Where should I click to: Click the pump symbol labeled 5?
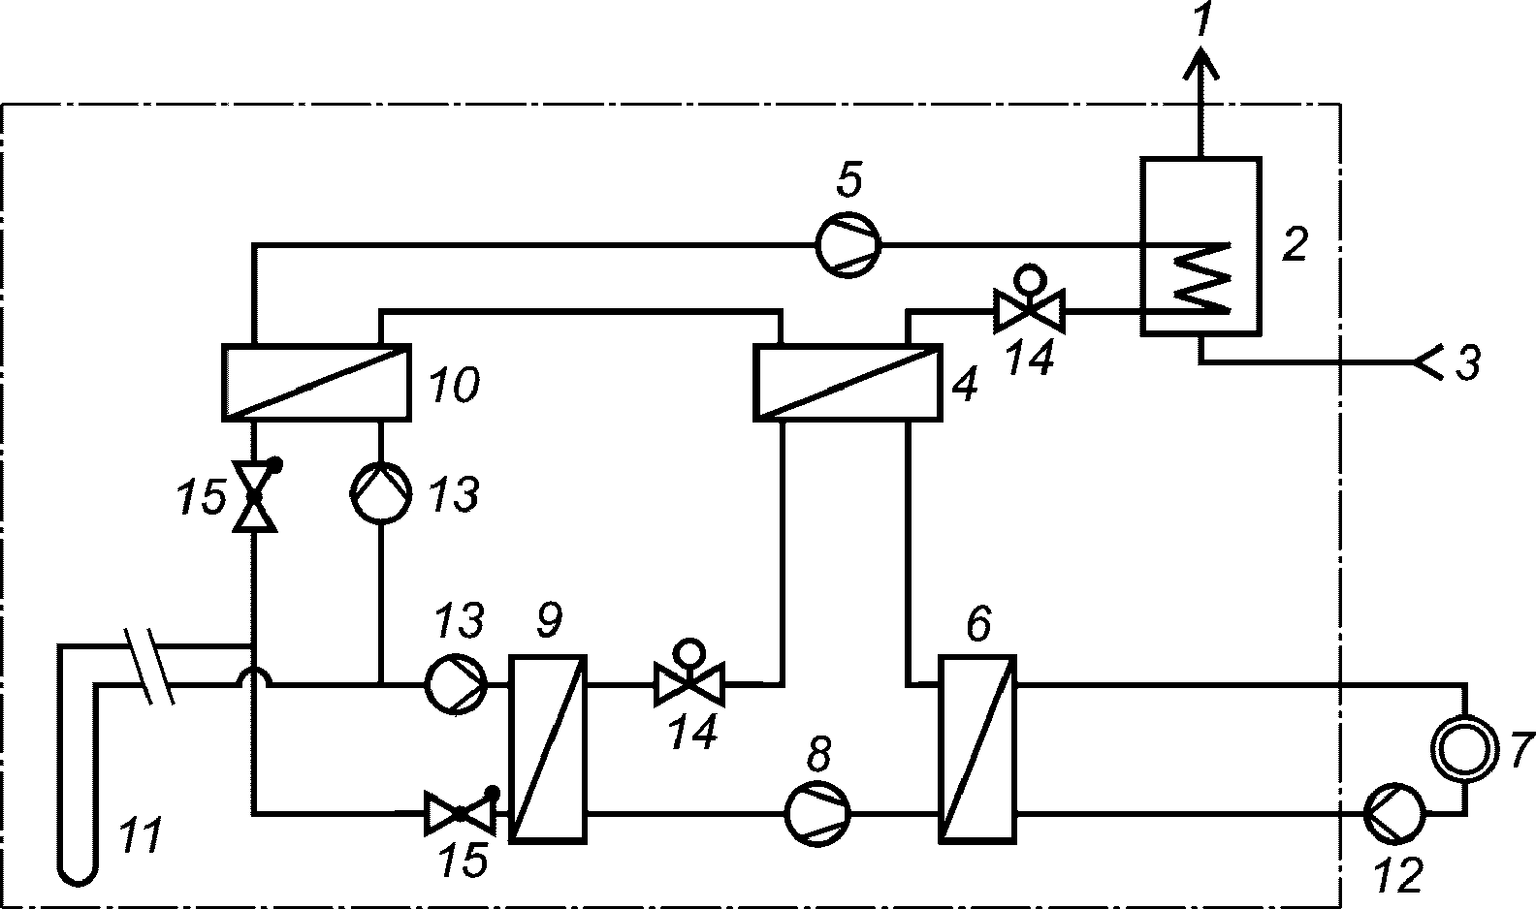(x=848, y=245)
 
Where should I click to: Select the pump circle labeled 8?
(x=817, y=814)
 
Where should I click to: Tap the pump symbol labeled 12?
(x=1394, y=813)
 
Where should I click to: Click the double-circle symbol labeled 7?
(x=1464, y=748)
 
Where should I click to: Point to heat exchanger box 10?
(x=317, y=383)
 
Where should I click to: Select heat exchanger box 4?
(x=848, y=383)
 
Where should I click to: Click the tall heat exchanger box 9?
(x=547, y=749)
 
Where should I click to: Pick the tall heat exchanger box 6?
(x=977, y=749)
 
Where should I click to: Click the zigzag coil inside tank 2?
(x=1201, y=277)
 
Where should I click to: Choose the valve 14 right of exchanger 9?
(x=689, y=675)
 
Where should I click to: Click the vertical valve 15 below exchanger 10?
(x=255, y=495)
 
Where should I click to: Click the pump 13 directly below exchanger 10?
(x=380, y=492)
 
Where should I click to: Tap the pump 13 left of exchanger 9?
(x=456, y=684)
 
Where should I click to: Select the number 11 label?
(x=140, y=835)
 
